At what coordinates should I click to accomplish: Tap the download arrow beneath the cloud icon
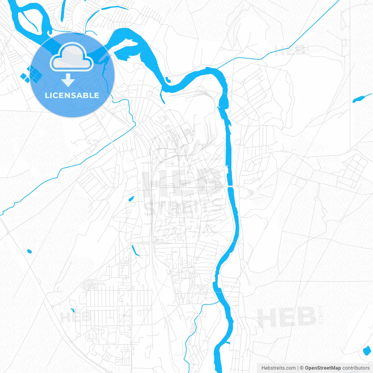click(68, 80)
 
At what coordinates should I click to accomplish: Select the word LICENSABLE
click(72, 95)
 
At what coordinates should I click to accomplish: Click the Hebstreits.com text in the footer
click(279, 368)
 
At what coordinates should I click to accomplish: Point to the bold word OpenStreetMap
click(323, 368)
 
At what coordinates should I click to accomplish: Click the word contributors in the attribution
click(356, 368)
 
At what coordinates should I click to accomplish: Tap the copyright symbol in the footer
click(302, 368)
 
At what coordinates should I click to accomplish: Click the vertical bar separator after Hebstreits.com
click(298, 368)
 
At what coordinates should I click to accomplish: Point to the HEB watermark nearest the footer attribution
click(287, 317)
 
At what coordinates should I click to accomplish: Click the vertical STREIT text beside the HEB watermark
click(321, 315)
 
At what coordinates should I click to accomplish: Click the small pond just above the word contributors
click(366, 351)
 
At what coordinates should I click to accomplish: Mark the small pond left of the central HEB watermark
click(131, 199)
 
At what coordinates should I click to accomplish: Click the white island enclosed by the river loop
click(28, 20)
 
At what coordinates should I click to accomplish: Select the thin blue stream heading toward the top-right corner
click(306, 29)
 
